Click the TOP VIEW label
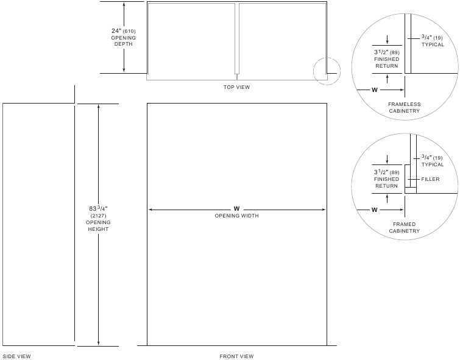coord(236,87)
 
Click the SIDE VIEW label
coord(16,356)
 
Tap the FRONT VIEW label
coord(236,356)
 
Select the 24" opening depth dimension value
coord(123,31)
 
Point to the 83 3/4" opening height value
coord(98,208)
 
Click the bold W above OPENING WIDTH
coord(236,209)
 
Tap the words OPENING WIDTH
coord(236,216)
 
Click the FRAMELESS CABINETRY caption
coord(405,107)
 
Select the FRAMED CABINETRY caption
coord(405,227)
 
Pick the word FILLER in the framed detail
coord(430,179)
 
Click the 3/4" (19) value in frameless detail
coord(432,37)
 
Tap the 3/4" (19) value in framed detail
coord(432,157)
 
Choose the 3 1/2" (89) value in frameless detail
coord(387,52)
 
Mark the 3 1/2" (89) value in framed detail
coord(387,172)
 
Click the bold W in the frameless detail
coord(374,90)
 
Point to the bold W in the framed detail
coord(374,210)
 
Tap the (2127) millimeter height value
coord(98,216)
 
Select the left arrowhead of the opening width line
coord(150,210)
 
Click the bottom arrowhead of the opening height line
coord(98,344)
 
